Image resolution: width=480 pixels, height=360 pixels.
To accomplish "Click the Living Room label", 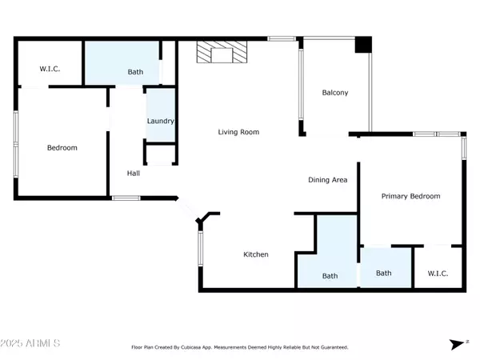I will pyautogui.click(x=238, y=132).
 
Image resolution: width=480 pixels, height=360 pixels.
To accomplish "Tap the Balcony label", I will pyautogui.click(x=334, y=93).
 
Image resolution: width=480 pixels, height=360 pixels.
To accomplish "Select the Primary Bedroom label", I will pyautogui.click(x=410, y=196).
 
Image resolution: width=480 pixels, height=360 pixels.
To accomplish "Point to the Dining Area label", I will pyautogui.click(x=327, y=180).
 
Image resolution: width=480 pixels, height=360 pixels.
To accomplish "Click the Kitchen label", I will pyautogui.click(x=255, y=254).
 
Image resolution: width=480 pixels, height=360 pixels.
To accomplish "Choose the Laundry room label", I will pyautogui.click(x=160, y=122).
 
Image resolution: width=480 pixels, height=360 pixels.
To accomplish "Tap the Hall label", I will pyautogui.click(x=134, y=173).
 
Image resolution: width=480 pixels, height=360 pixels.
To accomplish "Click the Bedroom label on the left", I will pyautogui.click(x=62, y=148).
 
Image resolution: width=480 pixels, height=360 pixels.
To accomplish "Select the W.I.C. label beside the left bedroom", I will pyautogui.click(x=50, y=70).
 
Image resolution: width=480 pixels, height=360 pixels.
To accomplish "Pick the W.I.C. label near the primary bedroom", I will pyautogui.click(x=438, y=273).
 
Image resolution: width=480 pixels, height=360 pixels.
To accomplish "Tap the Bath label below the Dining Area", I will pyautogui.click(x=330, y=276).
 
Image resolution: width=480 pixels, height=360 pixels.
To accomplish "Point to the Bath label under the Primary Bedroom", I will pyautogui.click(x=384, y=273).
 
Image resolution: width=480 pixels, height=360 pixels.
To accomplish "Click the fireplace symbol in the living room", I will pyautogui.click(x=223, y=54).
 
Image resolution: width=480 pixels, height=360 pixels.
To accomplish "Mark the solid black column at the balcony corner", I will pyautogui.click(x=364, y=46).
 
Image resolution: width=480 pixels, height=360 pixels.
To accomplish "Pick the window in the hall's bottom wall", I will pyautogui.click(x=126, y=198).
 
